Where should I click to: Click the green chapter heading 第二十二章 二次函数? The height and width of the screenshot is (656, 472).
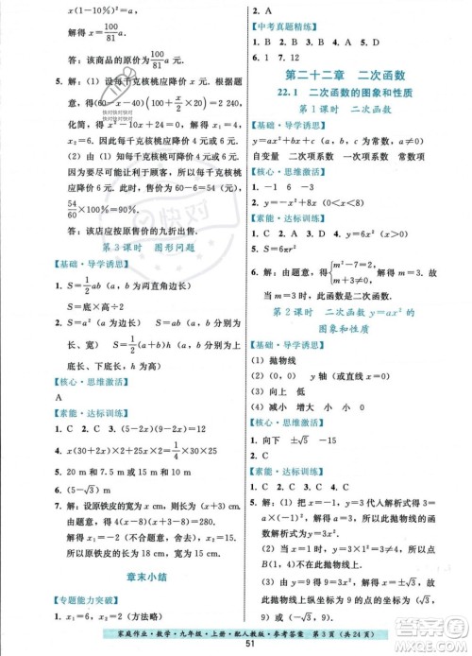(348, 75)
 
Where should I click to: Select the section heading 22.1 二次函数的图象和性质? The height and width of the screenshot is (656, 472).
(348, 92)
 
